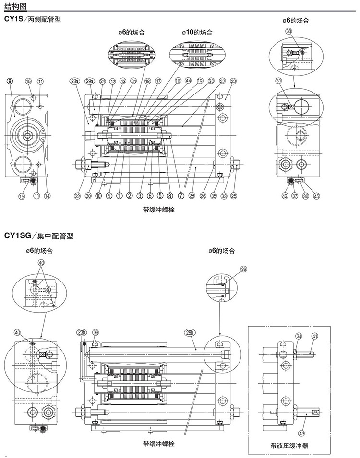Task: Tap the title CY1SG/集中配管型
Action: [x=38, y=236]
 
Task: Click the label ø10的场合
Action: [x=197, y=33]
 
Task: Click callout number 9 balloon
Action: [x=10, y=81]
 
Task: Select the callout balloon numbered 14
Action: [x=47, y=195]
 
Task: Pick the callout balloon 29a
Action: [x=89, y=81]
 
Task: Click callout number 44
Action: [x=188, y=81]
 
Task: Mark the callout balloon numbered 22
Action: [x=233, y=81]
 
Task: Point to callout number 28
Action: [x=192, y=195]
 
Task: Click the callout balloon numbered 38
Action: [x=288, y=31]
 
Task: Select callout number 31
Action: [x=278, y=81]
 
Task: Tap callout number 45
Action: [x=316, y=195]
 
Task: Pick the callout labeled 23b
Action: [x=81, y=332]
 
